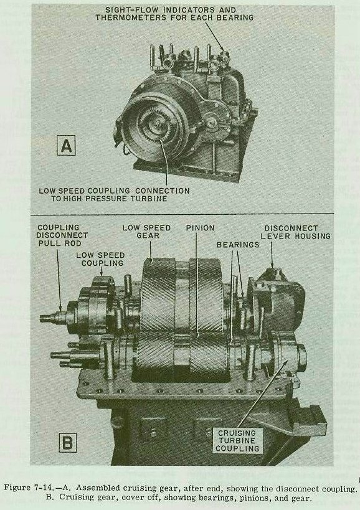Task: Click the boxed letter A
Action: [66, 145]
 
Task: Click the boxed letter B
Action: [68, 443]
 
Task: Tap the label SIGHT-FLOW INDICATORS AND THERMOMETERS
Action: [174, 14]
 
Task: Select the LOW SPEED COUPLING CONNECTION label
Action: [114, 194]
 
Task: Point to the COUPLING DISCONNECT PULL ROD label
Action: [62, 235]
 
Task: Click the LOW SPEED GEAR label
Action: [146, 232]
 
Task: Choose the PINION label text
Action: [200, 228]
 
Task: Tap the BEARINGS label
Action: [238, 245]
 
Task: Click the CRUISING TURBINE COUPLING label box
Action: [237, 441]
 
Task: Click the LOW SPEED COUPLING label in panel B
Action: [100, 259]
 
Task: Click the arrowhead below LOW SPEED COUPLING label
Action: [101, 273]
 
